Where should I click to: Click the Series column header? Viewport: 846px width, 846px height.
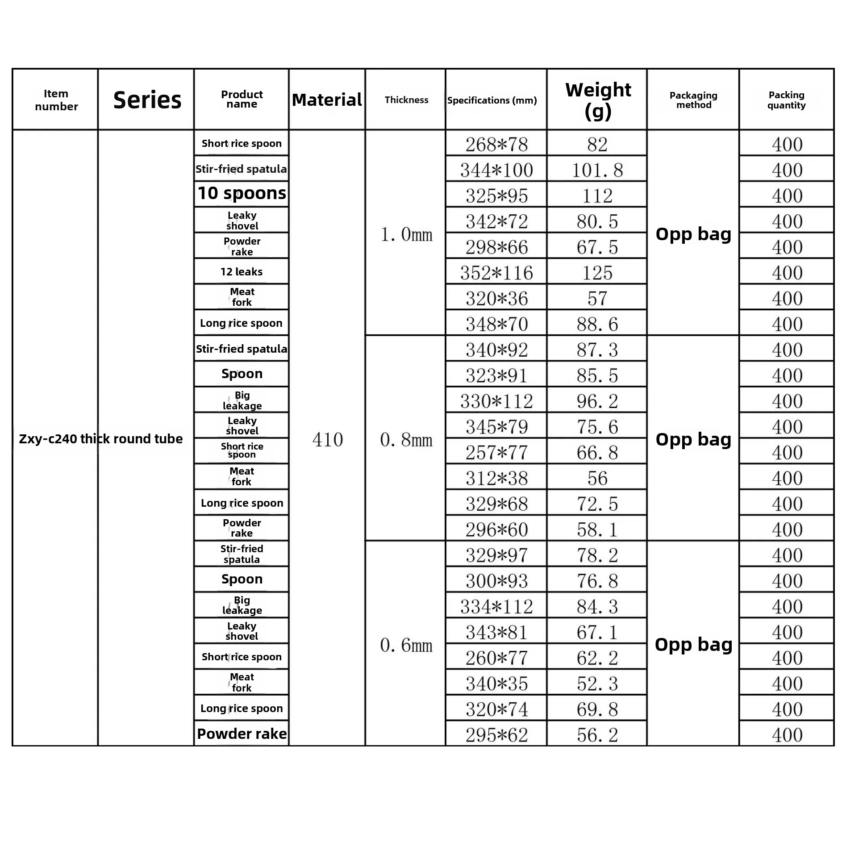click(x=147, y=100)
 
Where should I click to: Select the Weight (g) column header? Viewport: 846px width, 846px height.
click(x=597, y=100)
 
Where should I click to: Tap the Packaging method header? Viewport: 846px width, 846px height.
click(x=693, y=100)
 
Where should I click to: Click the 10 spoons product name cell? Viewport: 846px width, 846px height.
click(x=242, y=193)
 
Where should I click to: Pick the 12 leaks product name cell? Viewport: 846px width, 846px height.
click(x=242, y=271)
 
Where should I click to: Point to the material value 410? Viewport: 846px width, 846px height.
click(x=327, y=440)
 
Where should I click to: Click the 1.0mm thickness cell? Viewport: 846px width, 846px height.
click(x=406, y=234)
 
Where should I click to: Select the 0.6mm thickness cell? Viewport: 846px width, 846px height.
click(x=406, y=645)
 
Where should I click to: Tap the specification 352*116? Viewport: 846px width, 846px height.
click(x=496, y=273)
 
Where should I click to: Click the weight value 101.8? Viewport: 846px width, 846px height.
click(x=597, y=170)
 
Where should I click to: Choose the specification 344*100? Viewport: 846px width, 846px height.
click(x=496, y=170)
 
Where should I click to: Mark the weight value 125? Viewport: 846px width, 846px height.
click(x=597, y=273)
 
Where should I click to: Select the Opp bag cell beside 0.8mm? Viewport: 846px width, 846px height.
click(x=693, y=440)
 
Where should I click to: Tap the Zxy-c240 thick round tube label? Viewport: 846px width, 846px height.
click(x=100, y=439)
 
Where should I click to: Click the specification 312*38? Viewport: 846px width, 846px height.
click(x=496, y=479)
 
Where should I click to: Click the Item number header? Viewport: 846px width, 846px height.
click(x=56, y=100)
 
